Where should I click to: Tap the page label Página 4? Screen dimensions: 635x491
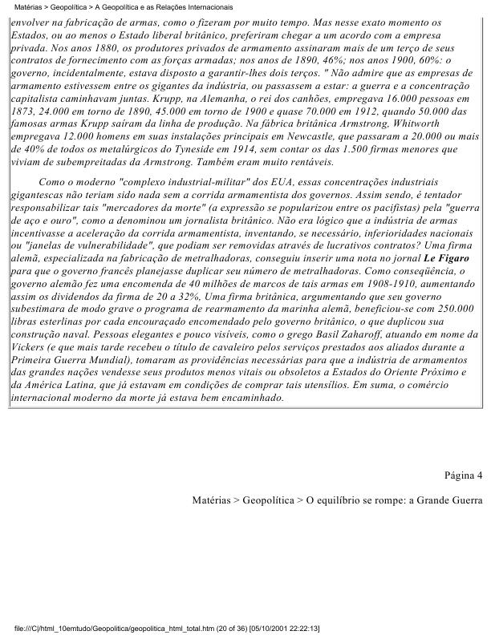tap(463, 475)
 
